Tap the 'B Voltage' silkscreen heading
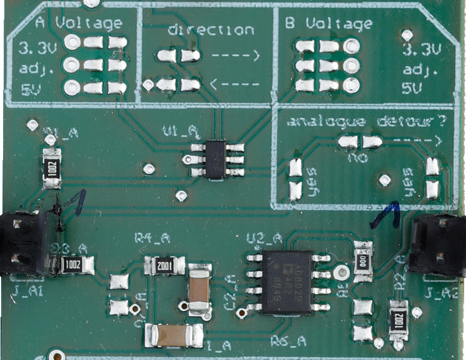point(329,24)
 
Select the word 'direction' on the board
point(211,30)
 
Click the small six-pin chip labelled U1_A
point(215,159)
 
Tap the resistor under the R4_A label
point(164,265)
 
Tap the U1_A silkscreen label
point(179,131)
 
